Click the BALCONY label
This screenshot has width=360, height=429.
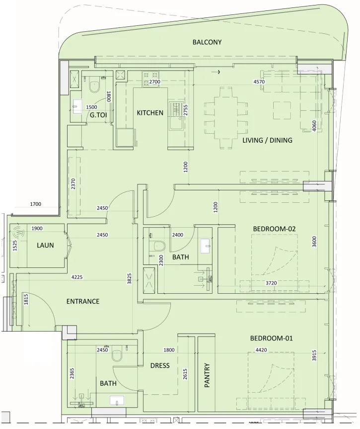207,42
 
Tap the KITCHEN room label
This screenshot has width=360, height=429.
150,113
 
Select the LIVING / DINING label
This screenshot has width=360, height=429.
267,140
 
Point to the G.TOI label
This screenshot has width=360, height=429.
98,115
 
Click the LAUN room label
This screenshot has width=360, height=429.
45,245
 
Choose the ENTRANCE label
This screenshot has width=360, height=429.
83,301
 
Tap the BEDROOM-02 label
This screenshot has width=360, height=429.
274,229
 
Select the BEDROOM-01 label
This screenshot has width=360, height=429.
271,338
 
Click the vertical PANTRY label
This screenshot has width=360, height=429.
207,375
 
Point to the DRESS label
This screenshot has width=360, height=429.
160,365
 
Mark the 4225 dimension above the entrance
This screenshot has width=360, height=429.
77,277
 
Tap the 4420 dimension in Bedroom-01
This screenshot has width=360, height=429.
262,350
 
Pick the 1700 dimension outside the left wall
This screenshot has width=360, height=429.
36,204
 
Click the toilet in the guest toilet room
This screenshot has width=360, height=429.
94,87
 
